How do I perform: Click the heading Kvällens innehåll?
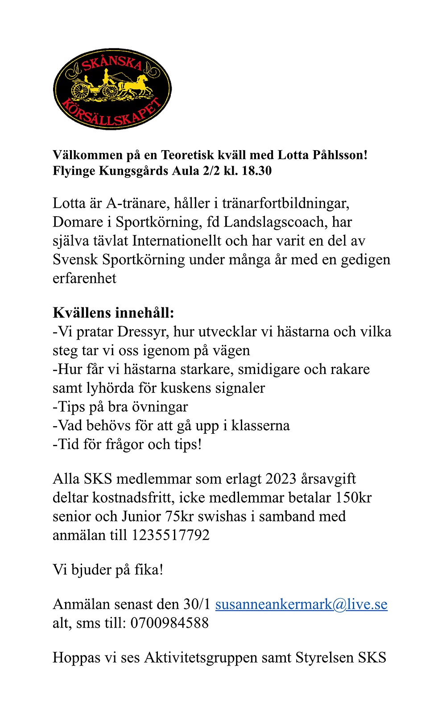tap(113, 312)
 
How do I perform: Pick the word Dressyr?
tap(143, 332)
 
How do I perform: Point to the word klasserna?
tap(260, 426)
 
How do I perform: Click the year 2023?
tap(281, 479)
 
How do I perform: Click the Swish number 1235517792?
tap(170, 535)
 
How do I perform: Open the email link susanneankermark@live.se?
tap(301, 604)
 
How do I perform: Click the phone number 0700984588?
tap(169, 623)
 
